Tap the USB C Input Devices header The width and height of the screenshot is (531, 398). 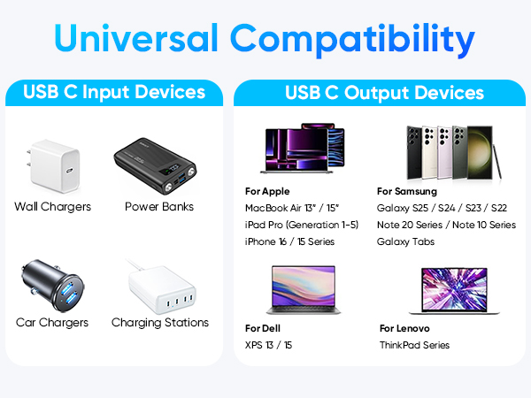point(114,92)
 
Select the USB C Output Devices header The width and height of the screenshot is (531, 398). point(384,92)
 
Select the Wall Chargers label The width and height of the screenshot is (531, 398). point(52,207)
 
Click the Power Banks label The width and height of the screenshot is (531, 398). point(159,207)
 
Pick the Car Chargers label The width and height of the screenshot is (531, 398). point(52,323)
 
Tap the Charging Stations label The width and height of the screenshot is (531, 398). point(160,323)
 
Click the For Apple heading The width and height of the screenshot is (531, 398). point(267,191)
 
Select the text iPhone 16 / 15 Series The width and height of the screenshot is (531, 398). point(290,241)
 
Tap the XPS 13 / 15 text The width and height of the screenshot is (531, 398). point(269,345)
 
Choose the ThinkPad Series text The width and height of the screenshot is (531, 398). point(414,345)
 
